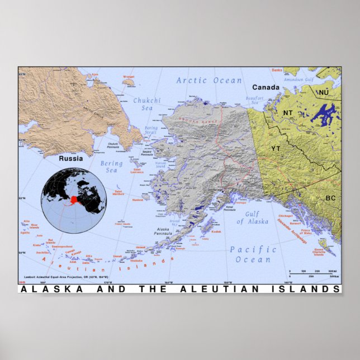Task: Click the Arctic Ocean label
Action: [x=209, y=80]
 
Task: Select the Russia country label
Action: [x=72, y=158]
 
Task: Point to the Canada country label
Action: [x=265, y=88]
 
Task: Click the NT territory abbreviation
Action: [x=288, y=113]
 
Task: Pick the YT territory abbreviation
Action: [x=276, y=149]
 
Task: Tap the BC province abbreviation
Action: [x=330, y=198]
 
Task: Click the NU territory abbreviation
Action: [x=324, y=92]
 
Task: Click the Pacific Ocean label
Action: [x=253, y=254]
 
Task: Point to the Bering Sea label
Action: [x=111, y=167]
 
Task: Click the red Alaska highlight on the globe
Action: [x=74, y=200]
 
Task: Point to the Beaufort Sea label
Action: [x=254, y=101]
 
